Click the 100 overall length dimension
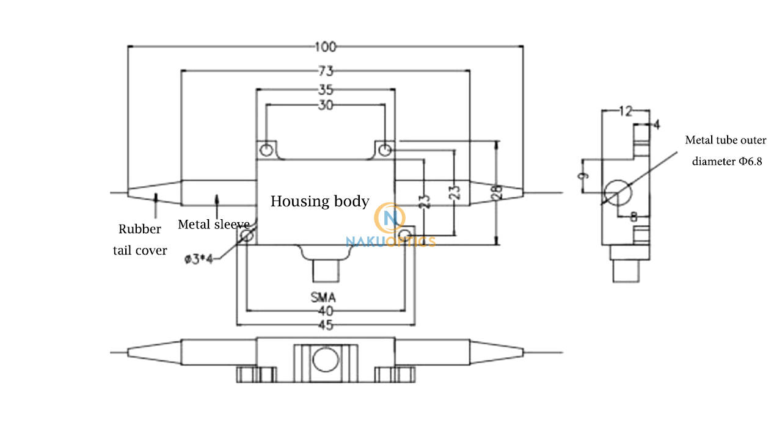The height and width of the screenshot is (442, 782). tap(326, 46)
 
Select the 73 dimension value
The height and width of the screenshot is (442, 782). tap(326, 71)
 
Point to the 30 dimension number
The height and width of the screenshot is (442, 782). tap(326, 105)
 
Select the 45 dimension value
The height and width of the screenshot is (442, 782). tap(326, 325)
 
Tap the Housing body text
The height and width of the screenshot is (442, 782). tap(320, 201)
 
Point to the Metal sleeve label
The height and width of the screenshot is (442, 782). tap(213, 224)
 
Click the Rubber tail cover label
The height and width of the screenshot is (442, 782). tap(140, 239)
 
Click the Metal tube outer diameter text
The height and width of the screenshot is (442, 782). tap(725, 151)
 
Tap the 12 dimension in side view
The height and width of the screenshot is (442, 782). tap(625, 111)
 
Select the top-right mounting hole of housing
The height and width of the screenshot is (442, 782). tap(384, 150)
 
